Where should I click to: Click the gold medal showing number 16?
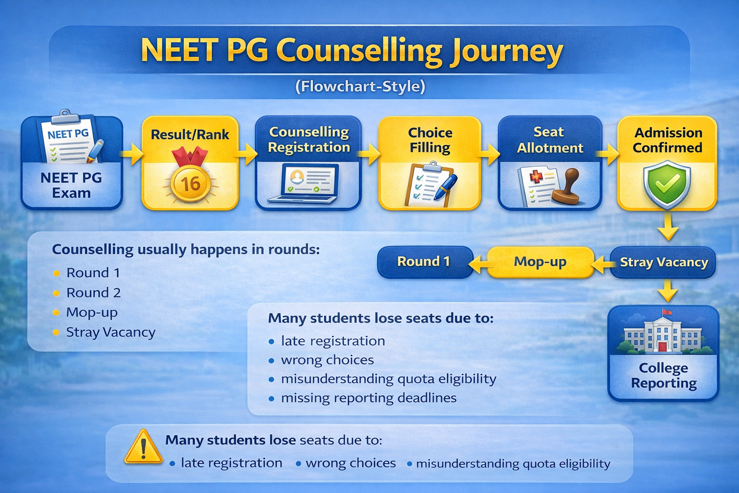pos(190,183)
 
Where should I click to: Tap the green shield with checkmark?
pos(667,184)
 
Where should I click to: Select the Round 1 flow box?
pos(424,261)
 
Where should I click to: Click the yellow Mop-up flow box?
pos(540,262)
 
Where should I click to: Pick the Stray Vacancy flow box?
pos(663,262)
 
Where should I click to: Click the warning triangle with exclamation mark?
pos(143,448)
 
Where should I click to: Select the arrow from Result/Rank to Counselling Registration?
pos(247,154)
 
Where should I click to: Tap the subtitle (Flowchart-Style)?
pos(360,87)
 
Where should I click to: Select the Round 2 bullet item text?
pos(93,293)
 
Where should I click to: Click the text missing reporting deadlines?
pos(369,398)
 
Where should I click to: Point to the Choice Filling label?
pos(430,140)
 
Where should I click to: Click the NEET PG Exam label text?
pos(71,185)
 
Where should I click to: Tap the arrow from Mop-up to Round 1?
pos(479,263)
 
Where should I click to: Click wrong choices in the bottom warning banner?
pos(350,463)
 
